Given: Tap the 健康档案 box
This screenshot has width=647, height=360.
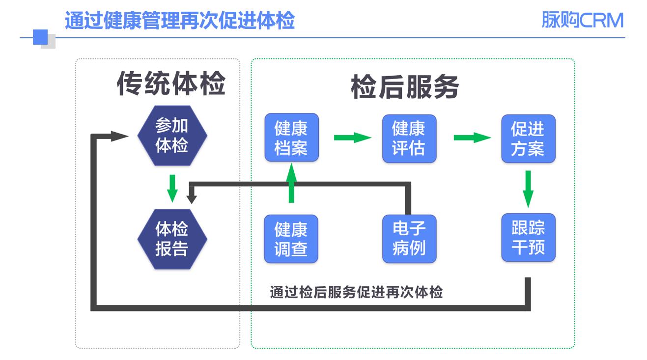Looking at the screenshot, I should click(x=291, y=138).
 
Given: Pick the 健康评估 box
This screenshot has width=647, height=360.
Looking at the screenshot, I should click(x=409, y=138).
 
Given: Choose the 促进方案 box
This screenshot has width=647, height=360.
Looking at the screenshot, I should click(x=528, y=138).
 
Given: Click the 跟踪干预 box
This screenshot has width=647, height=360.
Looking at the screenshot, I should click(x=528, y=238).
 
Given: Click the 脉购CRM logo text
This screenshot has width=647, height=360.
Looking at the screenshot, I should click(x=582, y=20).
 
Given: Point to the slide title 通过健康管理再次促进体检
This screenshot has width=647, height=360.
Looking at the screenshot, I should click(x=179, y=20).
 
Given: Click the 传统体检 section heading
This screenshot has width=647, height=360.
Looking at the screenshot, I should click(x=171, y=84).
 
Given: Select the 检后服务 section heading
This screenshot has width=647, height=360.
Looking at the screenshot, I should click(x=405, y=88).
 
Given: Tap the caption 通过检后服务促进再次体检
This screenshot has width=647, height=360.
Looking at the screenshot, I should click(x=357, y=293).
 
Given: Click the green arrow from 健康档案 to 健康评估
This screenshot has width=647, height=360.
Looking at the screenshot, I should click(x=352, y=138).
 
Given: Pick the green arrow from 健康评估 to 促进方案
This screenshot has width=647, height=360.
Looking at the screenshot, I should click(x=472, y=138).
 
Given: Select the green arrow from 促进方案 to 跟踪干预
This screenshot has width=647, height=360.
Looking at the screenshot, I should click(x=528, y=189).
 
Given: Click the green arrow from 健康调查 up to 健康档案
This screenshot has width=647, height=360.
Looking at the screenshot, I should click(x=291, y=184).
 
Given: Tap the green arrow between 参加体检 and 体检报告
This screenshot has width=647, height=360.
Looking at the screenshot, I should click(x=172, y=188).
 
